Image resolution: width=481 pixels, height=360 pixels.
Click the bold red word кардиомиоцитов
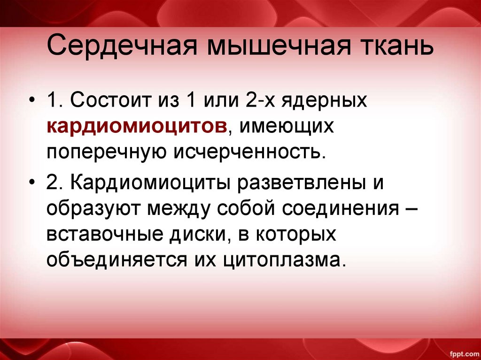(x=137, y=126)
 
